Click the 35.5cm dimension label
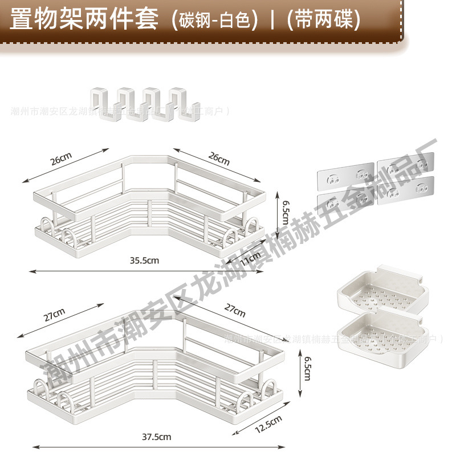pyautogui.click(x=144, y=261)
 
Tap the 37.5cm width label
pyautogui.click(x=157, y=437)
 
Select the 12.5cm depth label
pyautogui.click(x=268, y=424)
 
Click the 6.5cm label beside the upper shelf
pyautogui.click(x=279, y=209)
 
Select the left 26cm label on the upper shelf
pyautogui.click(x=62, y=160)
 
